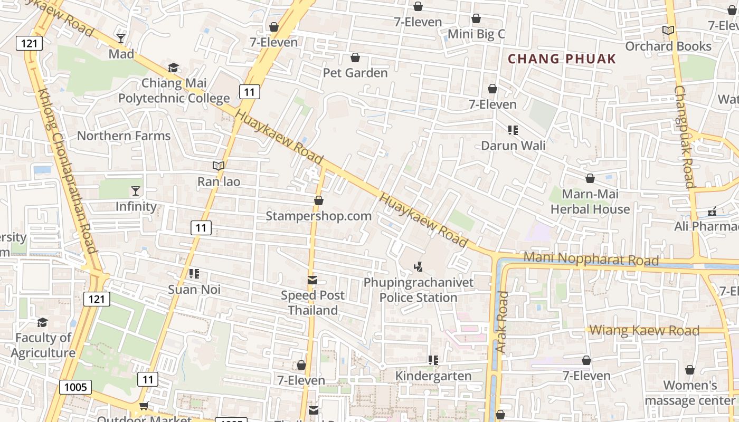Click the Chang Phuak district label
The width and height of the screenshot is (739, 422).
[x=562, y=59]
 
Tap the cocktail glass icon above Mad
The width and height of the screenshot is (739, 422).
[x=121, y=38]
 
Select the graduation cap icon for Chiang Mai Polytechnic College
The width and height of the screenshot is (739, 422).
[x=173, y=68]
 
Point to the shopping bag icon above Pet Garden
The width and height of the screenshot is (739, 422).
[x=355, y=57]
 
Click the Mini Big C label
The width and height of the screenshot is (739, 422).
[x=476, y=34]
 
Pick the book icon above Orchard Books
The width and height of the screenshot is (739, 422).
[x=668, y=31]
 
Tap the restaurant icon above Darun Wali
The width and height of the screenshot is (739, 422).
[x=513, y=130]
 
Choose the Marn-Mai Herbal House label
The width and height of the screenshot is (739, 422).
[x=590, y=202]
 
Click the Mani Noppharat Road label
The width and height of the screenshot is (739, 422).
[x=592, y=259]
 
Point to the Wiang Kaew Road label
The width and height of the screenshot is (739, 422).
[x=644, y=330]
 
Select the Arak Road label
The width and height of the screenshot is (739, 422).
[x=502, y=322]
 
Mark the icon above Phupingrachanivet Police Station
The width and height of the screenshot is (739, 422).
[x=419, y=267]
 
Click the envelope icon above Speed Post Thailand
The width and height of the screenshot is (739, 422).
[x=313, y=280]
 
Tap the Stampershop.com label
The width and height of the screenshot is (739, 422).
[x=318, y=216]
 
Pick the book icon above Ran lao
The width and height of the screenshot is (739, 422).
[x=219, y=166]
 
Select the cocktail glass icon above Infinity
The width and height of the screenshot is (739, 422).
[x=136, y=190]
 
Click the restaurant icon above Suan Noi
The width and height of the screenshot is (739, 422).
[x=194, y=274]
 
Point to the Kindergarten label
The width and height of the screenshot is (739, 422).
[x=433, y=376]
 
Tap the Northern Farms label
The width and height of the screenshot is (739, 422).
[x=124, y=136]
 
